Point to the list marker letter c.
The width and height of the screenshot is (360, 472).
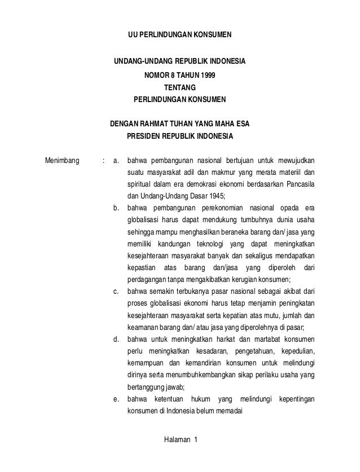(116, 292)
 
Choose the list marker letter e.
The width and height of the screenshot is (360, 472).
(116, 399)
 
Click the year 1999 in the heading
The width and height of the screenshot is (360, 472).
(208, 74)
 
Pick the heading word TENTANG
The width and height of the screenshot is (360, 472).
(180, 87)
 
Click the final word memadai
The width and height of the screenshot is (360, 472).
(226, 412)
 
